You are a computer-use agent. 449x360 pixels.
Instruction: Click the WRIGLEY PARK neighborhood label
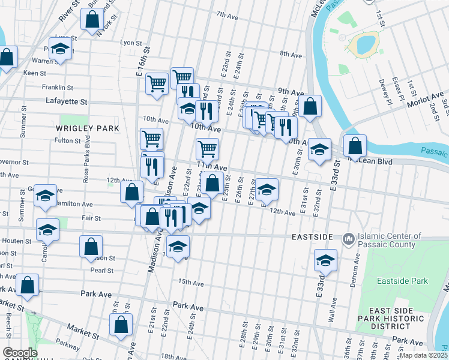pyautogui.click(x=88, y=128)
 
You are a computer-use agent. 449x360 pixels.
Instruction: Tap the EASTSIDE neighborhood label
pyautogui.click(x=312, y=238)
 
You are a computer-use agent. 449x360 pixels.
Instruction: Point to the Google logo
pyautogui.click(x=20, y=352)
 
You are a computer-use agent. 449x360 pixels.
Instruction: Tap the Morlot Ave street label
pyautogui.click(x=427, y=96)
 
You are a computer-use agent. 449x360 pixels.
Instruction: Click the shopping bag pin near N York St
pyautogui.click(x=92, y=20)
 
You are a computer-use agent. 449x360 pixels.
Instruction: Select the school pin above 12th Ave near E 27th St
pyautogui.click(x=267, y=190)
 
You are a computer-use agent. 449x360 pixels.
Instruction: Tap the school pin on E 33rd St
pyautogui.click(x=325, y=260)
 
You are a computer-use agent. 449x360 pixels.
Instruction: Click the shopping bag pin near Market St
pyautogui.click(x=121, y=324)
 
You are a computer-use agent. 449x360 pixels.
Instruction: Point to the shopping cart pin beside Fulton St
pyautogui.click(x=151, y=139)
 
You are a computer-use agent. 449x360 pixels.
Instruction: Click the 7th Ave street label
pyautogui.click(x=228, y=14)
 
